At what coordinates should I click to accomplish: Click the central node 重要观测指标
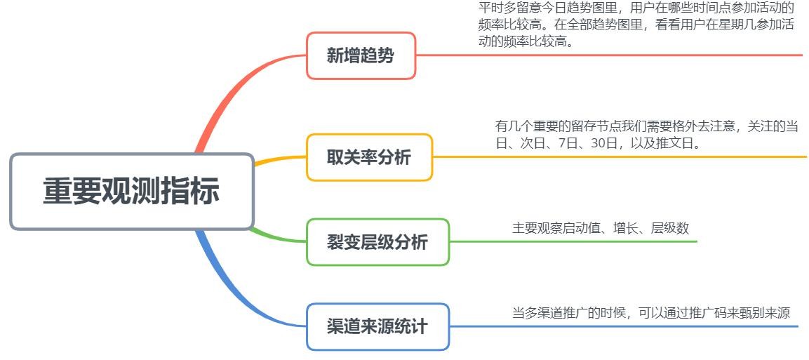pos(131,192)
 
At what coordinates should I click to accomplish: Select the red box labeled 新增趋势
pos(361,55)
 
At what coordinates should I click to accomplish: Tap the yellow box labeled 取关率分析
pos(369,157)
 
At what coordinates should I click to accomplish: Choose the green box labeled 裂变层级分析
pos(377,242)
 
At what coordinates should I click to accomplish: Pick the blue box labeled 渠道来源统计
pos(377,326)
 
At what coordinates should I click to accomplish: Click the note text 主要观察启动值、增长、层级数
pos(600,228)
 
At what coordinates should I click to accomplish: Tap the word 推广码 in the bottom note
pos(709,313)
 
